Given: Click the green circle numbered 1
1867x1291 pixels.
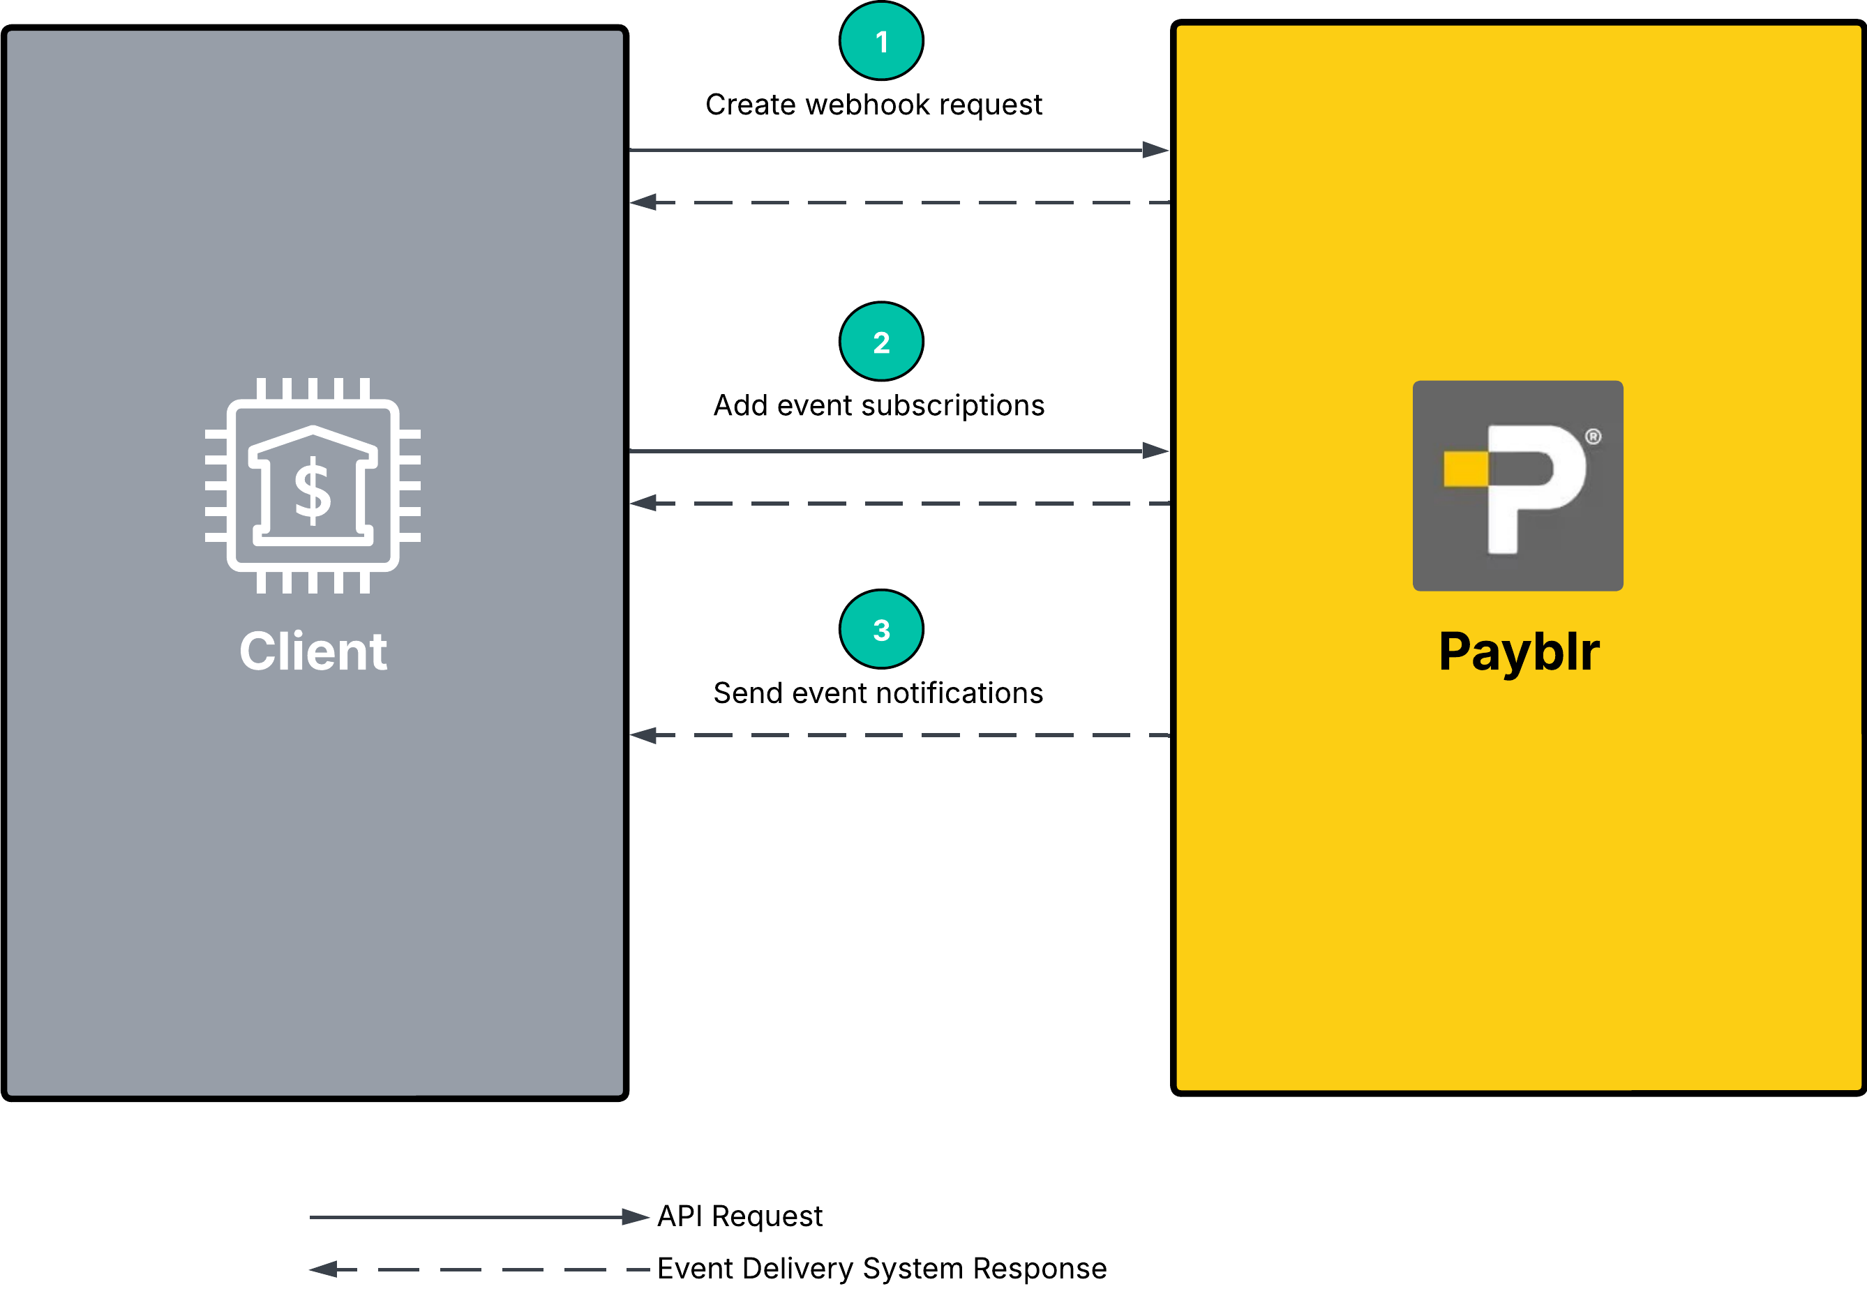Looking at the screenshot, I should click(x=881, y=41).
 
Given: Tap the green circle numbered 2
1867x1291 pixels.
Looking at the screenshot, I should click(x=881, y=341).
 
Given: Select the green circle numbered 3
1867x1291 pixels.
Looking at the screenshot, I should click(x=881, y=629).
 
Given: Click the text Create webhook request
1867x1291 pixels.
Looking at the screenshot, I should click(x=873, y=105).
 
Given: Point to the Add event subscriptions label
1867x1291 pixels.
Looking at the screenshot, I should click(x=878, y=405).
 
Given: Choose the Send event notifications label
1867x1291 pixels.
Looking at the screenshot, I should click(x=878, y=693).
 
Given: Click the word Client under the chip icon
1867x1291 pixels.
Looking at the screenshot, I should click(x=313, y=651).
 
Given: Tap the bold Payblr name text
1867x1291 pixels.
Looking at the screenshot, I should click(x=1518, y=651).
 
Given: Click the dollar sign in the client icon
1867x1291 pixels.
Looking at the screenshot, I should click(x=313, y=490).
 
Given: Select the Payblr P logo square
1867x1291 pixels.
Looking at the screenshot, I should click(x=1517, y=485).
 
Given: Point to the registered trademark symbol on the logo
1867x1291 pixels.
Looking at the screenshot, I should click(x=1593, y=437).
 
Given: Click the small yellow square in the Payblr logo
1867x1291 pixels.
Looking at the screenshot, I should click(x=1466, y=469).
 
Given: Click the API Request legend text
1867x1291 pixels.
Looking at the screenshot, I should click(x=740, y=1216).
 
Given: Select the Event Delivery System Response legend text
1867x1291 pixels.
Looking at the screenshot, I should click(x=882, y=1269).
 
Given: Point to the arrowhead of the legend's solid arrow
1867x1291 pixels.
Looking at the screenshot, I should click(x=635, y=1216).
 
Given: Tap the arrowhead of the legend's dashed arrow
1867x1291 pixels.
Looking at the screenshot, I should click(x=324, y=1269).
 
